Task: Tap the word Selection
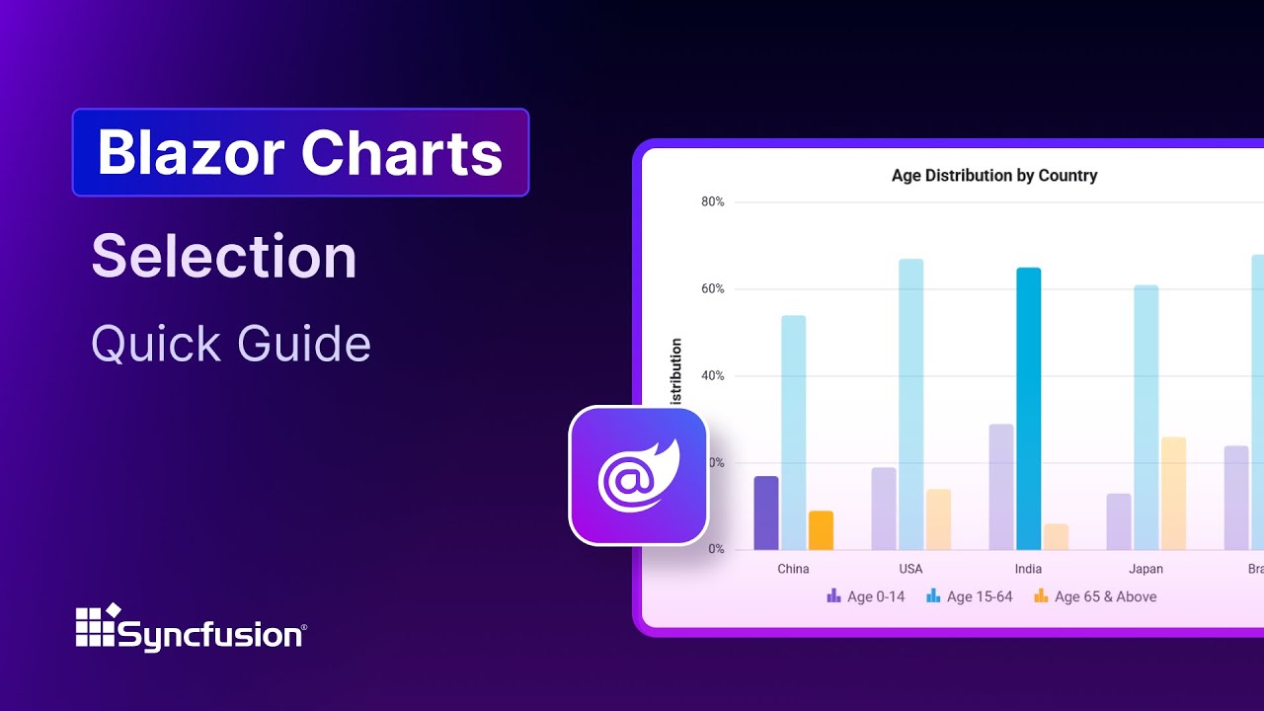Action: (224, 257)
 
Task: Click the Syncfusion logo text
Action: (211, 633)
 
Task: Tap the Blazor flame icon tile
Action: (639, 475)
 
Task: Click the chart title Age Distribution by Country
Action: (994, 176)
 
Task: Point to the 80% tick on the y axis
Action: (712, 202)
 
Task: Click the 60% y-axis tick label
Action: (712, 289)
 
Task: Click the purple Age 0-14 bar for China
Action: (766, 513)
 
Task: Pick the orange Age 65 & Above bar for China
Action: (821, 530)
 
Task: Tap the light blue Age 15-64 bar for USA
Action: (910, 404)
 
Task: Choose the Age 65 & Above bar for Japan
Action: (1173, 493)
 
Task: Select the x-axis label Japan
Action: (1145, 569)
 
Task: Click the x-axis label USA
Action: (910, 569)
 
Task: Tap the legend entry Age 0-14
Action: (866, 596)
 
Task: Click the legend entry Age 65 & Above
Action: (1095, 596)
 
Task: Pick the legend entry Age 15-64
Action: (970, 596)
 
